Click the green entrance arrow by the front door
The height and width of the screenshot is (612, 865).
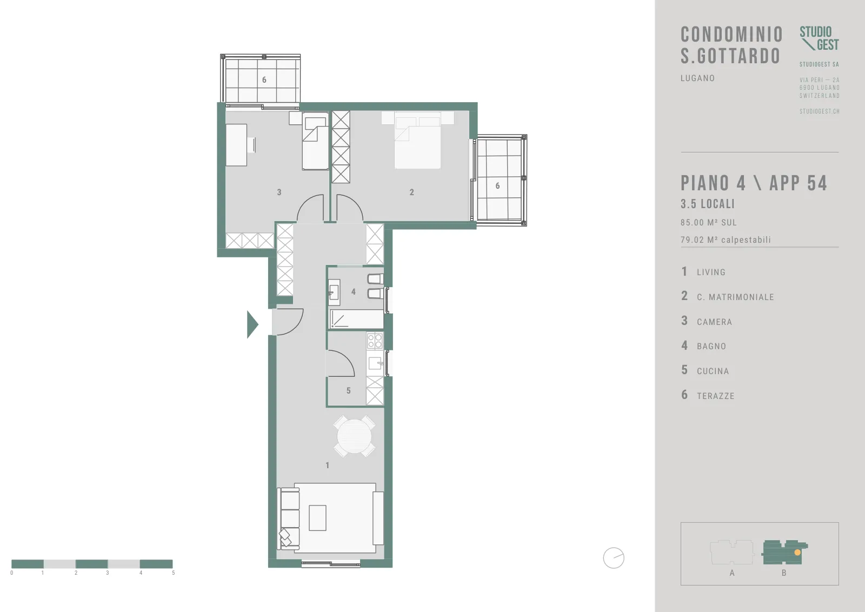click(252, 324)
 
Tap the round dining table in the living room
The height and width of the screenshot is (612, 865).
click(354, 436)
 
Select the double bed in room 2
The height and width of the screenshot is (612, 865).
click(417, 140)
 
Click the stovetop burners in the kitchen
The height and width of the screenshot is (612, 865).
click(375, 341)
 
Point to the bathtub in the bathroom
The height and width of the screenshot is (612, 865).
click(356, 319)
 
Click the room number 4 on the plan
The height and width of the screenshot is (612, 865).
click(354, 292)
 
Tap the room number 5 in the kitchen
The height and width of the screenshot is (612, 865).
click(348, 391)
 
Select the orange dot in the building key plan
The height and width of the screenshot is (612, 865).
click(797, 553)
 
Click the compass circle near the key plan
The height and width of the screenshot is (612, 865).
click(614, 558)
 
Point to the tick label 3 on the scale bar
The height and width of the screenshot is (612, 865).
click(108, 573)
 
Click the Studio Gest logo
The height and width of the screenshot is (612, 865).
click(819, 38)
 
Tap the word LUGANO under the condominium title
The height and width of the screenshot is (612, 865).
click(697, 78)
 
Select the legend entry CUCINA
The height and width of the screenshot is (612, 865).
click(713, 371)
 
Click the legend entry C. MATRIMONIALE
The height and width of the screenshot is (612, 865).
click(735, 297)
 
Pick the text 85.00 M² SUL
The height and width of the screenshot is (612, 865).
click(709, 222)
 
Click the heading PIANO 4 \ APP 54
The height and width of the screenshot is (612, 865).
click(754, 183)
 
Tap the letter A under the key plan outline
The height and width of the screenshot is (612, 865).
click(732, 573)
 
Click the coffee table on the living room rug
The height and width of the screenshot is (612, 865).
click(317, 518)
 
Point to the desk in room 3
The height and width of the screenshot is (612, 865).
click(236, 145)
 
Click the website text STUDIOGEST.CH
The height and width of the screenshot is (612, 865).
click(820, 111)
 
